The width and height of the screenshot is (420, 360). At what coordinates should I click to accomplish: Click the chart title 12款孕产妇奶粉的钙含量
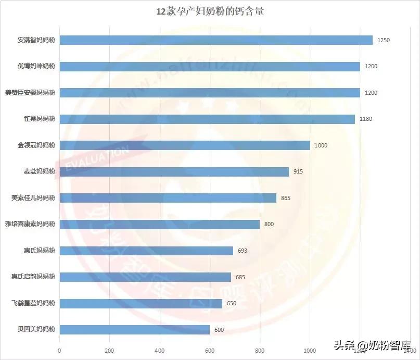pyautogui.click(x=210, y=11)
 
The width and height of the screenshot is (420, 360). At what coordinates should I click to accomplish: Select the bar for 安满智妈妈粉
pyautogui.click(x=216, y=40)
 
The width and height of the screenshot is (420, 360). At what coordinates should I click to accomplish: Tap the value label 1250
pyautogui.click(x=384, y=40)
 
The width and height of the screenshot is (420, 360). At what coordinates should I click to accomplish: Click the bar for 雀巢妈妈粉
pyautogui.click(x=207, y=119)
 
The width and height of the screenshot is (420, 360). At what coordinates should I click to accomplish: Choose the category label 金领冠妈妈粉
pyautogui.click(x=36, y=145)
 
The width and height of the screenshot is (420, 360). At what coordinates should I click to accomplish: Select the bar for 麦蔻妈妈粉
pyautogui.click(x=174, y=171)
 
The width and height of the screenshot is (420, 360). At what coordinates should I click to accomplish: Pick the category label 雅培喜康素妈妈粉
pyautogui.click(x=30, y=224)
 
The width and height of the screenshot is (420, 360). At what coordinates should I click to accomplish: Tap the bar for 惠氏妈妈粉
pyautogui.click(x=146, y=251)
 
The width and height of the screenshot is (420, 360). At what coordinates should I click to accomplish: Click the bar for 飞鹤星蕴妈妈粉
pyautogui.click(x=141, y=303)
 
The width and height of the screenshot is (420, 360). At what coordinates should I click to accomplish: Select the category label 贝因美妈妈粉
pyautogui.click(x=36, y=329)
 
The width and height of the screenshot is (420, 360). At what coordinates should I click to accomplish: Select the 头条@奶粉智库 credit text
pyautogui.click(x=372, y=345)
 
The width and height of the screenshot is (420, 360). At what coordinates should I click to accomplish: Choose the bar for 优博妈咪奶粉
pyautogui.click(x=210, y=66)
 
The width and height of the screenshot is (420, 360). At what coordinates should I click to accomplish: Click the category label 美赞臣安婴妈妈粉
pyautogui.click(x=30, y=93)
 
